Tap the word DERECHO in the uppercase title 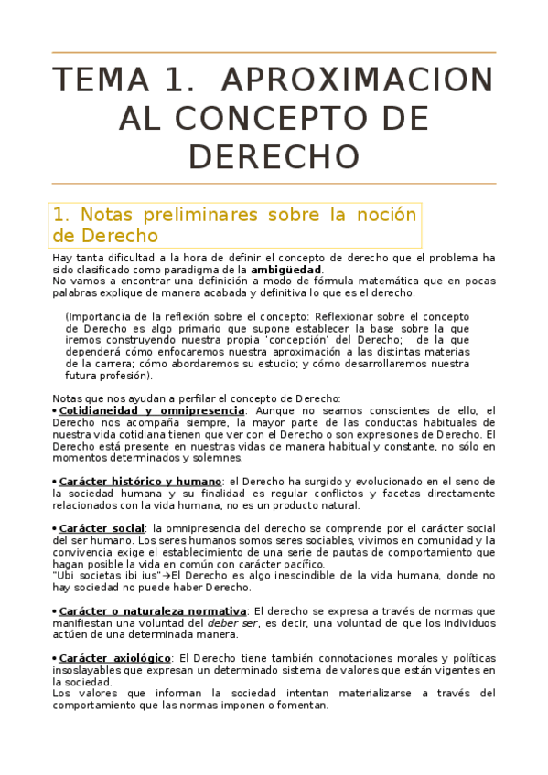tap(274, 156)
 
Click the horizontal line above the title tap(274, 53)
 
